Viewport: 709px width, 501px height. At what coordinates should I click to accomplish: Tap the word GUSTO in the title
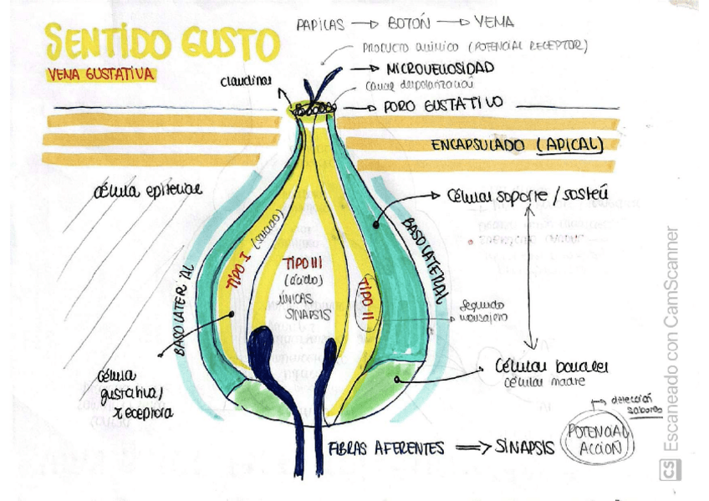pos(230,43)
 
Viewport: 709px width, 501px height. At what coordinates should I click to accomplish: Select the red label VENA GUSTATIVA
pos(100,74)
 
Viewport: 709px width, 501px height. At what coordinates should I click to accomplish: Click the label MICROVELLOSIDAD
pos(441,68)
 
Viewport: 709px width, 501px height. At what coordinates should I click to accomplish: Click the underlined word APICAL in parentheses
pos(570,145)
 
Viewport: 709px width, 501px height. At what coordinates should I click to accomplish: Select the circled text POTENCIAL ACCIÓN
pos(596,439)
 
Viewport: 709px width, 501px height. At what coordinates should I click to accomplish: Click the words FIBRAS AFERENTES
pos(386,448)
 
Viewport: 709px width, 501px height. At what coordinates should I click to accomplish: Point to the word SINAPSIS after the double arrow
pos(524,447)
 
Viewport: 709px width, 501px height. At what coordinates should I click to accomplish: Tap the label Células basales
pos(552,367)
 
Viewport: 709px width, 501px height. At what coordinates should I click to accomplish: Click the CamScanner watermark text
pos(671,335)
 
